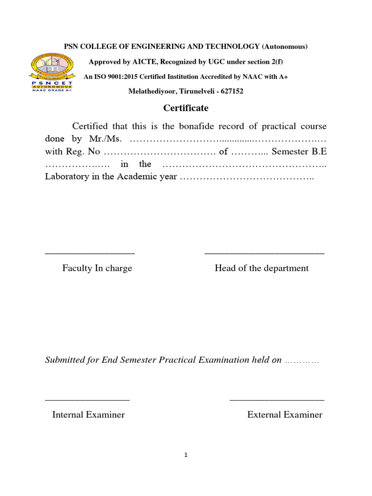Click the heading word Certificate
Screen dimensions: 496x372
click(186, 108)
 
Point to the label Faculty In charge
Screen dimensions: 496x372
click(97, 268)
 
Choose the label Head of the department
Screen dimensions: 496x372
click(262, 268)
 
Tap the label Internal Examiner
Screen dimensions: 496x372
click(88, 415)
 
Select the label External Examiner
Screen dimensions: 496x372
click(284, 415)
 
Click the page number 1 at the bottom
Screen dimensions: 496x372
click(186, 455)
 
